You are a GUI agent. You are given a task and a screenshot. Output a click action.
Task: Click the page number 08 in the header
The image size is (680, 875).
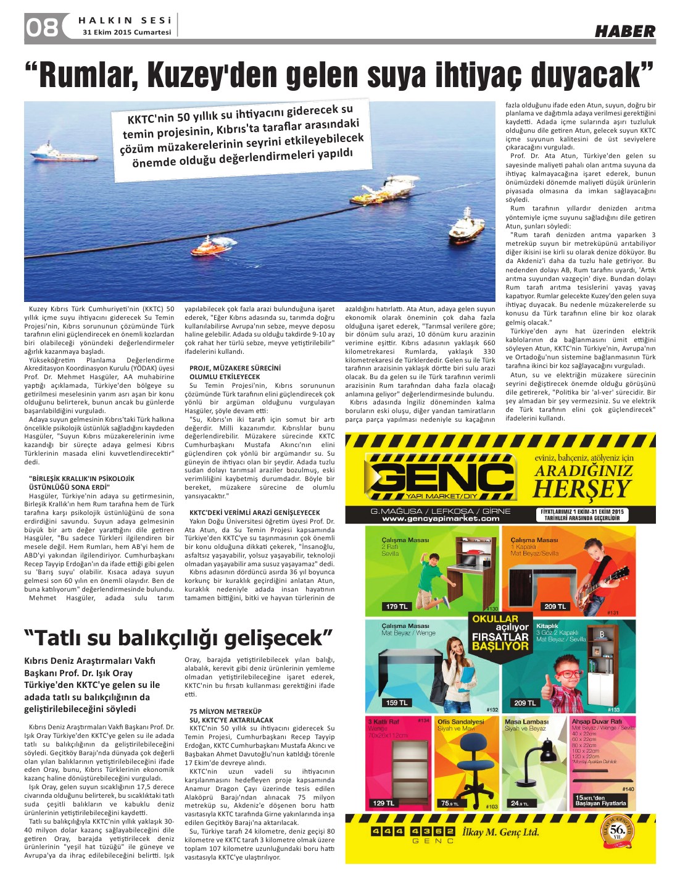pyautogui.click(x=41, y=28)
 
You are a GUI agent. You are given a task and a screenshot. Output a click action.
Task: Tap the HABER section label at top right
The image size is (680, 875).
pyautogui.click(x=624, y=31)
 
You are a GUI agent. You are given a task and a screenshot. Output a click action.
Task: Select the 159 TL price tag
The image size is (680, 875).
pyautogui.click(x=397, y=703)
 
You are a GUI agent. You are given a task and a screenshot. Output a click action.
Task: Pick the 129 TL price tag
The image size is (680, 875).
pyautogui.click(x=383, y=803)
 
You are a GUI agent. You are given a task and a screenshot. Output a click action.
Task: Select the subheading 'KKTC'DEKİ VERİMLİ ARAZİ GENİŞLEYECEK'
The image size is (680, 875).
pyautogui.click(x=254, y=513)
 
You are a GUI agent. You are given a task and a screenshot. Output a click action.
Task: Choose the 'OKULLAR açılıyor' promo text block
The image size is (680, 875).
pyautogui.click(x=500, y=632)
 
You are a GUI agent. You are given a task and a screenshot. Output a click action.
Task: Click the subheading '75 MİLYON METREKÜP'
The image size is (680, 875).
pyautogui.click(x=226, y=711)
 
